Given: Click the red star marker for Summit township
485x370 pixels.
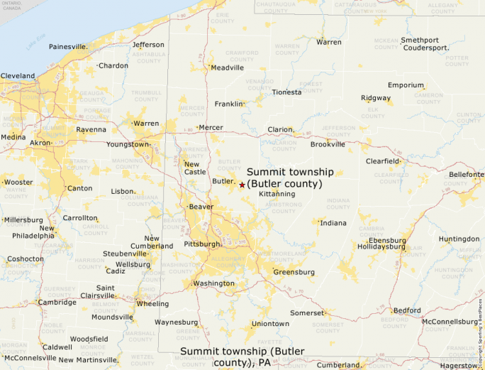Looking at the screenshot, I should (242, 185).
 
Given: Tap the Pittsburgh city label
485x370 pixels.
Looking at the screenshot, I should (202, 244).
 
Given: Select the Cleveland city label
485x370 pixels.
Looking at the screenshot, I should (18, 76).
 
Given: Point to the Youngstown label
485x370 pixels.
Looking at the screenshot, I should (128, 144).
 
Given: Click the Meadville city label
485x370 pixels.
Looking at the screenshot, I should (227, 68).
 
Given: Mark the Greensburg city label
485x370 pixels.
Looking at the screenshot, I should (294, 272).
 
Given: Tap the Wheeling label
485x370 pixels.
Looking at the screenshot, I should (152, 304).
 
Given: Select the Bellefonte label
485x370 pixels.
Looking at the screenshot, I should (466, 174).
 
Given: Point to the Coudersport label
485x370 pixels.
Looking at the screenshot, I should (425, 48).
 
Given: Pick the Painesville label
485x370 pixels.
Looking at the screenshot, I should (67, 47).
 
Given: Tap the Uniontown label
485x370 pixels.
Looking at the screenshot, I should (270, 324).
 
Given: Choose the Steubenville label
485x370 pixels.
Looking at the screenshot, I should (125, 254).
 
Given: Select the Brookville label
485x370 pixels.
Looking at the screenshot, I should (328, 144).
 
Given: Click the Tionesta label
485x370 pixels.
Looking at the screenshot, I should (286, 92).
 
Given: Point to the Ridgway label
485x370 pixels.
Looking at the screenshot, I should (376, 98).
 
